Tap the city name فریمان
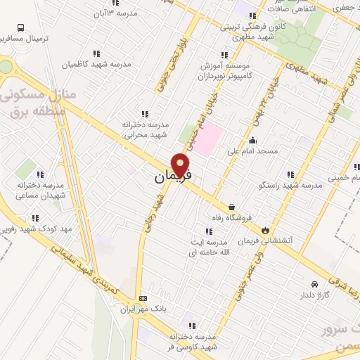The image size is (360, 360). [x=172, y=179]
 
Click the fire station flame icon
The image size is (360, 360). [x=264, y=229]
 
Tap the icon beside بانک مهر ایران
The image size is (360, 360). [x=144, y=297]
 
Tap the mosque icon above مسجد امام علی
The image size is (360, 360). [x=253, y=141]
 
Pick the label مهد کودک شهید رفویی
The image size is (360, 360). [x=35, y=229]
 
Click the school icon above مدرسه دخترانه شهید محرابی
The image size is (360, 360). [x=145, y=113]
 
